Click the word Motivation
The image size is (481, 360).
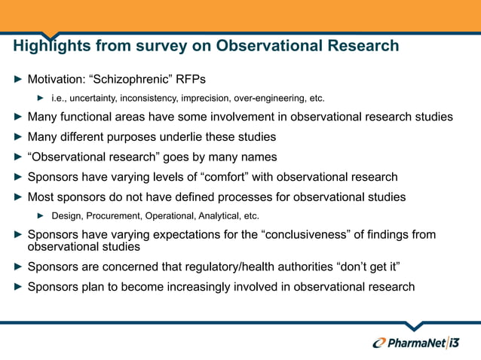[x=58, y=79]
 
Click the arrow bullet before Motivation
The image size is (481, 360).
[x=19, y=79]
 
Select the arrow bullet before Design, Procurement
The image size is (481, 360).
[x=42, y=216]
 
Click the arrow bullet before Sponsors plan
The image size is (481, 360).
[x=19, y=287]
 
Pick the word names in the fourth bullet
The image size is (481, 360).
[x=259, y=157]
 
